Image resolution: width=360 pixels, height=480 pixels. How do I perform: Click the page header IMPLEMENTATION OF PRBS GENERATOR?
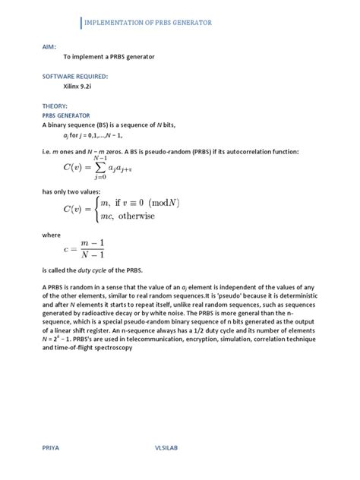(x=147, y=24)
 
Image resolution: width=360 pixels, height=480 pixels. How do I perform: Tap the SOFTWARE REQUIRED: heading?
(x=75, y=76)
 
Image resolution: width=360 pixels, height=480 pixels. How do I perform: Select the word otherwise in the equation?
(x=154, y=216)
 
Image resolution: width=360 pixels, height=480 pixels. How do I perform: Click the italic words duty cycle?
(x=108, y=271)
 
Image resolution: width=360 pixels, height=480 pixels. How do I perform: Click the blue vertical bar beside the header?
(x=81, y=24)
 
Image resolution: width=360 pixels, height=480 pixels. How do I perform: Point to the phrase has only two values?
(x=77, y=192)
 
